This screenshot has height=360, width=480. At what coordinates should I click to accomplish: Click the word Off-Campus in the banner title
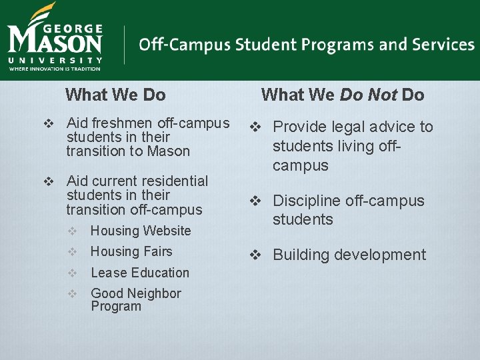point(175,45)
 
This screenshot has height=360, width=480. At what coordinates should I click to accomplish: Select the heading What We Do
point(115,95)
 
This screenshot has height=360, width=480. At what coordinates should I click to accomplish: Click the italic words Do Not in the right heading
point(368,95)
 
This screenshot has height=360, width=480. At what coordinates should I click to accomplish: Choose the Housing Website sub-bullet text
point(141,231)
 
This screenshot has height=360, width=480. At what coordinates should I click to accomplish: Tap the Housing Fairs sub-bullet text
point(131,251)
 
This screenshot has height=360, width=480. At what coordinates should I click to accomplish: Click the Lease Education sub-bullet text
point(140,273)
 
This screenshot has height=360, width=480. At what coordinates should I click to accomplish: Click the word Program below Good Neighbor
point(116,307)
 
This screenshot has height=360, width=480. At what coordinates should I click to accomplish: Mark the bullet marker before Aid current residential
point(48,181)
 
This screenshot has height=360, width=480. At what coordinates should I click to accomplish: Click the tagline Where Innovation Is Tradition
point(55,68)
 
